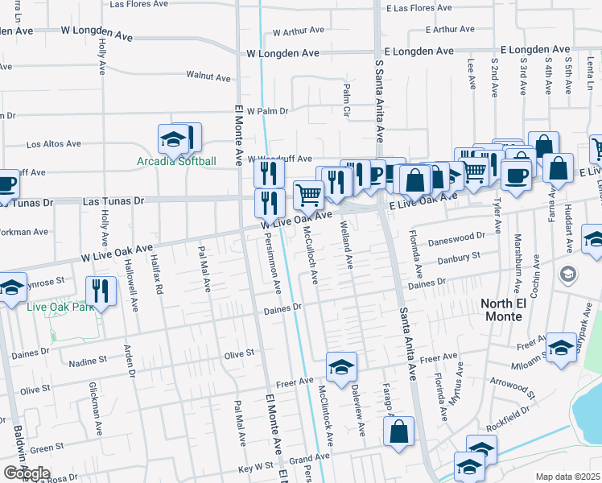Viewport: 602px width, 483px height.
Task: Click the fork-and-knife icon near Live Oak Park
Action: pyautogui.click(x=101, y=291)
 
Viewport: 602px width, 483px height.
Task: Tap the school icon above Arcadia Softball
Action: pyautogui.click(x=172, y=140)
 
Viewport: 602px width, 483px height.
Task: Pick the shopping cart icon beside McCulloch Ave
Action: pyautogui.click(x=309, y=194)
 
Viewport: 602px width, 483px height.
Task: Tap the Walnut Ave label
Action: pyautogui.click(x=208, y=77)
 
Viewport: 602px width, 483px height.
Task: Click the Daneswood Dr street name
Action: pyautogui.click(x=458, y=237)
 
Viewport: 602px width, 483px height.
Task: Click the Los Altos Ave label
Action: pyautogui.click(x=54, y=145)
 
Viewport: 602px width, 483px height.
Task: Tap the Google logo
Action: pyautogui.click(x=27, y=473)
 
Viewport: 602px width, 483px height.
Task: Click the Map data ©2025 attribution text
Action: pyautogui.click(x=568, y=477)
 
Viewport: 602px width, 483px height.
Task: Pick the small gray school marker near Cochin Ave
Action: pyautogui.click(x=567, y=275)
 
